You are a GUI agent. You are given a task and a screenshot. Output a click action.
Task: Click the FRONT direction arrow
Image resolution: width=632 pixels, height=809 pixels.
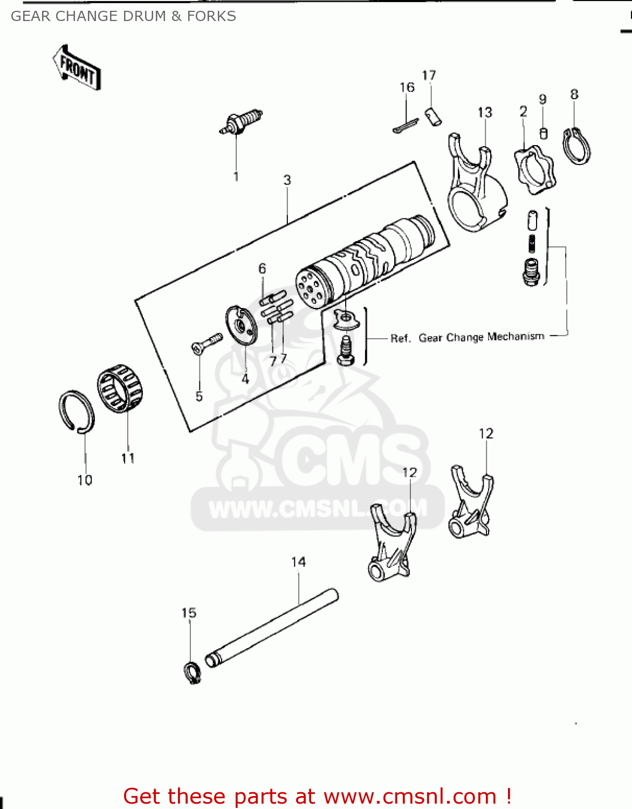click(x=77, y=68)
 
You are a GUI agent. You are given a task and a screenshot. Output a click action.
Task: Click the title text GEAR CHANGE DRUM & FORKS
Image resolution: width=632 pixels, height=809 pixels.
click(x=123, y=16)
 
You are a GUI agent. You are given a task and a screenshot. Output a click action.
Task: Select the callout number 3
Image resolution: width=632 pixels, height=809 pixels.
click(x=287, y=180)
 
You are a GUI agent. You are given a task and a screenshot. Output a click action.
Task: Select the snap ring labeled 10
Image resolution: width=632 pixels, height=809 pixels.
click(x=76, y=412)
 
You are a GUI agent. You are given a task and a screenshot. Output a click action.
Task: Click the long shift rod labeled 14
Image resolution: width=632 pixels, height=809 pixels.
click(x=272, y=628)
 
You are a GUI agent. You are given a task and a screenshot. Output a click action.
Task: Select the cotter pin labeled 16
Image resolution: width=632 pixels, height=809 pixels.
click(x=405, y=126)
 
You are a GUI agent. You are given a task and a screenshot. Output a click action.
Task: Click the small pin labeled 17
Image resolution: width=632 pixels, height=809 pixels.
click(x=433, y=116)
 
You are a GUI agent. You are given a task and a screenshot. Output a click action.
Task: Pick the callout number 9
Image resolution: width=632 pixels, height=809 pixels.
click(x=542, y=99)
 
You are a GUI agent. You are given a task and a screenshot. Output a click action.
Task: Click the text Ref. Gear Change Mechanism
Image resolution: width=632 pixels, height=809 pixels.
click(x=467, y=338)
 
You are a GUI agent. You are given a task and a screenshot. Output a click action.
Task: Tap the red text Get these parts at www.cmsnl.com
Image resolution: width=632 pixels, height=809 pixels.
click(x=317, y=796)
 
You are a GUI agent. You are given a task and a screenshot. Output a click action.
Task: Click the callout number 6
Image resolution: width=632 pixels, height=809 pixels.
click(x=262, y=268)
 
